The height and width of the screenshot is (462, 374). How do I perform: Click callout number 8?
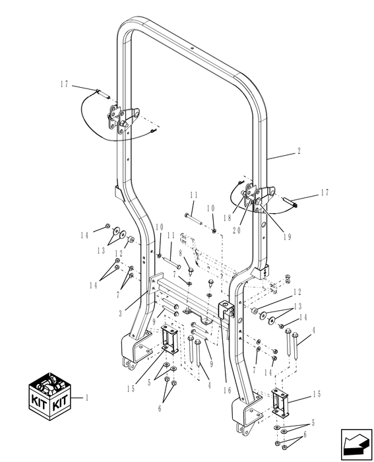point(179,253)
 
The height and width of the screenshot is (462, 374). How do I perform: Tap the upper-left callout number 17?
point(63,85)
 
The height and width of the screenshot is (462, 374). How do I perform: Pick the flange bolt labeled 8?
point(189,270)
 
